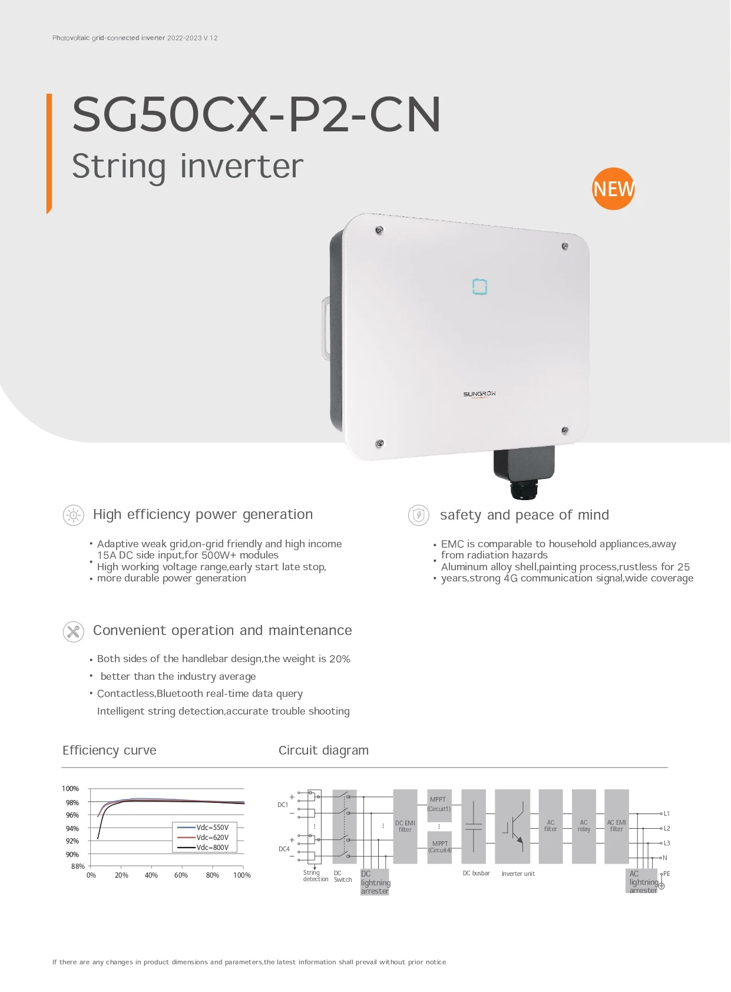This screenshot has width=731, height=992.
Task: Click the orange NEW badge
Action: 613,189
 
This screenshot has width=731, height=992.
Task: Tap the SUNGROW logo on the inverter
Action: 479,394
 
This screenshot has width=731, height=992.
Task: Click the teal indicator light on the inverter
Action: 479,287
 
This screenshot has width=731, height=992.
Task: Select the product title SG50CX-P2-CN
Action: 256,114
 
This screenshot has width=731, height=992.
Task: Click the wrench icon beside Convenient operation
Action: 73,631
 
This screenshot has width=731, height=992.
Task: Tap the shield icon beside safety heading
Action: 419,515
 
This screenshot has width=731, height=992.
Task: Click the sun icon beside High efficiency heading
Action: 73,515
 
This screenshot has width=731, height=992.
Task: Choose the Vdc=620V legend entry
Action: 212,837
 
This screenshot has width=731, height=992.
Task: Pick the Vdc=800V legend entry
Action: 212,847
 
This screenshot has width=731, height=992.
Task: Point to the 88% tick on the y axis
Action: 78,866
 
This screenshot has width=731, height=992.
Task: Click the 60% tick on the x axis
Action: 181,875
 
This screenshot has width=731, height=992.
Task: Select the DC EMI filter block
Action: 405,826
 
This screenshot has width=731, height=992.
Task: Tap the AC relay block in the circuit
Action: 584,826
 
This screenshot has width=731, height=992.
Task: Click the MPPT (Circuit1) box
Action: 439,804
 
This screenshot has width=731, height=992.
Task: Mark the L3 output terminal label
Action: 667,843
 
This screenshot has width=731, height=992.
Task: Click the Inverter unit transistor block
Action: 512,826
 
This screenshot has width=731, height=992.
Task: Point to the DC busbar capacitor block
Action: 474,826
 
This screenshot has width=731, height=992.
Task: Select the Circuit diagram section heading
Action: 323,750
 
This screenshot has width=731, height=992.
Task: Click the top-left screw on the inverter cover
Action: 379,230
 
